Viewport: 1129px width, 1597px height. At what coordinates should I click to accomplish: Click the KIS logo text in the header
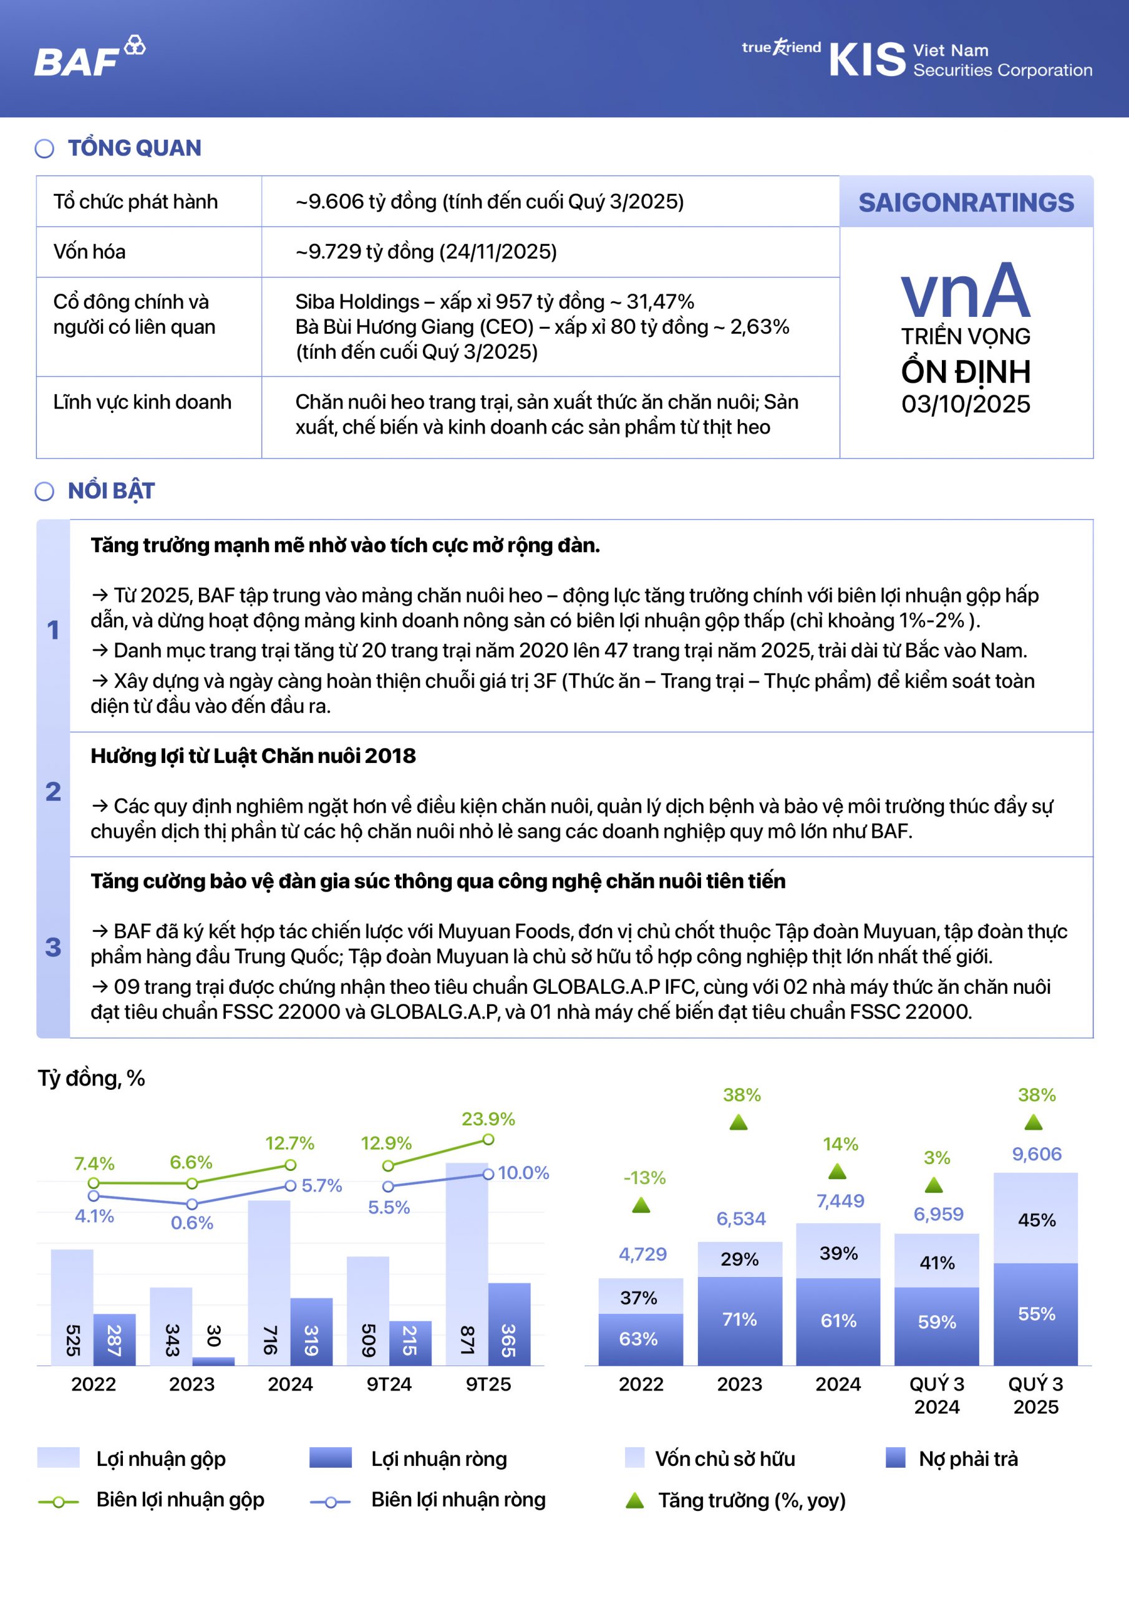pyautogui.click(x=867, y=59)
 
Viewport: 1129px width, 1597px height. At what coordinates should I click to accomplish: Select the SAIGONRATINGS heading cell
pyautogui.click(x=966, y=202)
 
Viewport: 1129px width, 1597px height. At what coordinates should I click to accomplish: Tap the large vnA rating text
pyautogui.click(x=966, y=290)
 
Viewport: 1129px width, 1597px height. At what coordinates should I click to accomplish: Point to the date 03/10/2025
pyautogui.click(x=966, y=404)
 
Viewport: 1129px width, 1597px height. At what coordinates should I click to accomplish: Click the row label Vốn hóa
pyautogui.click(x=90, y=252)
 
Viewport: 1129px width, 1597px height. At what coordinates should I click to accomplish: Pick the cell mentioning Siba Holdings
pyautogui.click(x=550, y=327)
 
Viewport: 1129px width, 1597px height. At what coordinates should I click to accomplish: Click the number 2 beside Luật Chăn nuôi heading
pyautogui.click(x=53, y=792)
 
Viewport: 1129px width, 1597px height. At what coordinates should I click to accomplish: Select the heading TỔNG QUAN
pyautogui.click(x=134, y=148)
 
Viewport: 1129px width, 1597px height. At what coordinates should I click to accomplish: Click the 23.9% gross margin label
pyautogui.click(x=488, y=1119)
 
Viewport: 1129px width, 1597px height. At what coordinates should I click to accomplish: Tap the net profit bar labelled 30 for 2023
pyautogui.click(x=213, y=1361)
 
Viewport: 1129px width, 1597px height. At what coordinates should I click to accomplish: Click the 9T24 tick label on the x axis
pyautogui.click(x=389, y=1384)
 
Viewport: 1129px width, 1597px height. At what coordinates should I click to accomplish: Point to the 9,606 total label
pyautogui.click(x=1037, y=1155)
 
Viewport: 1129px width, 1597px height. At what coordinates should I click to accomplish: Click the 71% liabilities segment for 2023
pyautogui.click(x=739, y=1319)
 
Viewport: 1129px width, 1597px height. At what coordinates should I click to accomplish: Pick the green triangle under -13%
pyautogui.click(x=641, y=1205)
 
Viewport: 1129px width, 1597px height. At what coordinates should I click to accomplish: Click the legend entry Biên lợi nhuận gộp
pyautogui.click(x=180, y=1500)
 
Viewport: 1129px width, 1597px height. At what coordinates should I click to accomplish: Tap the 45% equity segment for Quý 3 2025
pyautogui.click(x=1036, y=1220)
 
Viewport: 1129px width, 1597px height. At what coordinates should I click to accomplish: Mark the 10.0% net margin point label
pyautogui.click(x=523, y=1173)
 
